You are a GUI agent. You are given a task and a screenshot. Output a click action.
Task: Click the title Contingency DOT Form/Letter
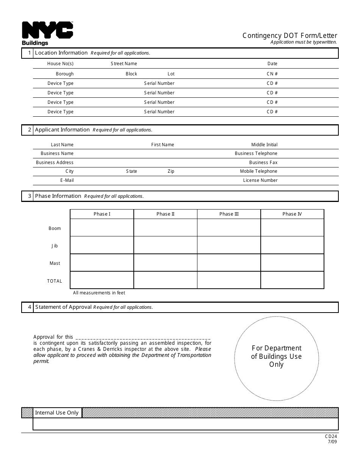(x=290, y=36)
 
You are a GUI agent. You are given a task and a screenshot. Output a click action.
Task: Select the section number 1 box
(x=28, y=53)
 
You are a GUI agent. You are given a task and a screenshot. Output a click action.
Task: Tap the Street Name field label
(x=124, y=64)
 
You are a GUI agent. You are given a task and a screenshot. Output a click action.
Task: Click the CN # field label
(x=272, y=74)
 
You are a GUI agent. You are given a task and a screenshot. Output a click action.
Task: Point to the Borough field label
(x=65, y=74)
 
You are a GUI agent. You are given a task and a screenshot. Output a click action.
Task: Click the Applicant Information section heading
(x=62, y=130)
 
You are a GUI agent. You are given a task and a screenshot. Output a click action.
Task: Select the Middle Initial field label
(x=264, y=145)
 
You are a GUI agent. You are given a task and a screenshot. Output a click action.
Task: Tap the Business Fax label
(x=263, y=163)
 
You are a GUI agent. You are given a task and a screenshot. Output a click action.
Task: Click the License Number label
(x=260, y=180)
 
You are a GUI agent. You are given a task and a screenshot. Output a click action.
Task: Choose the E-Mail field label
(x=67, y=180)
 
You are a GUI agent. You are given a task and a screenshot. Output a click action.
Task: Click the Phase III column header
(x=229, y=214)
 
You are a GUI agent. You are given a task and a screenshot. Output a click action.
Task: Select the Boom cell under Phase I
(x=102, y=228)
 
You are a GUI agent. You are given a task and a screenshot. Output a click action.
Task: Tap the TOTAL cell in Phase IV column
(x=292, y=280)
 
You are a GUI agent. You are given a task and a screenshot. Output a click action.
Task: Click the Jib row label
(x=55, y=246)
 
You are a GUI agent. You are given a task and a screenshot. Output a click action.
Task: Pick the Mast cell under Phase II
(x=165, y=263)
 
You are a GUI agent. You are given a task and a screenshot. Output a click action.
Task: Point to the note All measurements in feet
(x=99, y=293)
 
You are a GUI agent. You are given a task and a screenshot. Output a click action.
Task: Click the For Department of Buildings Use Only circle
(x=276, y=358)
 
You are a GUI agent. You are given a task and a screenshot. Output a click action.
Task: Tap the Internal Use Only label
(x=57, y=413)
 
